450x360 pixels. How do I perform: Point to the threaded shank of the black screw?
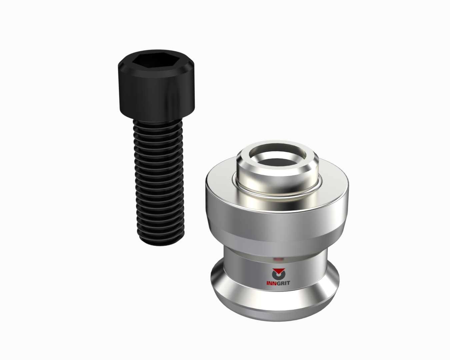[x=159, y=182]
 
